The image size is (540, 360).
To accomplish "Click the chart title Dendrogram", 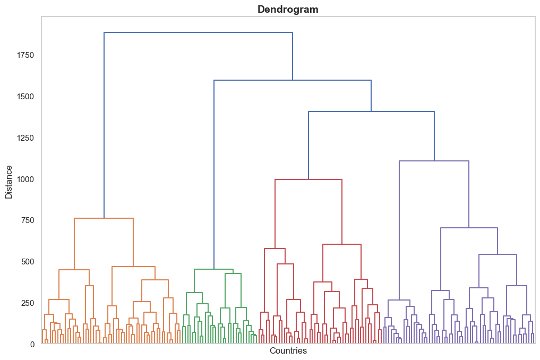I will [288, 9].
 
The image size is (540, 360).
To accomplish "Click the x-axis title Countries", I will [288, 351].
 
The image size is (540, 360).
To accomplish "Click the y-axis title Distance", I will [9, 182].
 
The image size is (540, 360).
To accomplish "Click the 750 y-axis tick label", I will [28, 220].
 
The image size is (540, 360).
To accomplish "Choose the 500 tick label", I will [28, 262].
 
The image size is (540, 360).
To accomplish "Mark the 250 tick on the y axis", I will [28, 303].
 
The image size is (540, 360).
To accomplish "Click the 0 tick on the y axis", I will [32, 344].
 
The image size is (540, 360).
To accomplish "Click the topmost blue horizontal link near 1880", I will [198, 32].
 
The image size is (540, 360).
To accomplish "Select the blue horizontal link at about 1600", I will [292, 80].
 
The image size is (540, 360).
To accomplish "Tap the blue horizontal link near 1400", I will [371, 112].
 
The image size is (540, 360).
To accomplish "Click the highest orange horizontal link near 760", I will [104, 218].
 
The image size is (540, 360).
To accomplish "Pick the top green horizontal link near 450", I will [214, 269].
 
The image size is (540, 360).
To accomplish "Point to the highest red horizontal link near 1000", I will [308, 179].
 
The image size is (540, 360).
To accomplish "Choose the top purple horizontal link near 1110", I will [434, 161].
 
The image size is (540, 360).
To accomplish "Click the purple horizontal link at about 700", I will [469, 228].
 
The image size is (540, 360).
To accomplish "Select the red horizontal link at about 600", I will [341, 244].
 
